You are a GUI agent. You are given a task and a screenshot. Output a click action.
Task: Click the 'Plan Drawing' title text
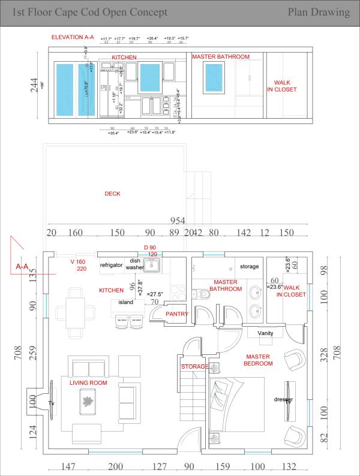coord(319,12)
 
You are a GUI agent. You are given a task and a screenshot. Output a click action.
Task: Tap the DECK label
coord(112,194)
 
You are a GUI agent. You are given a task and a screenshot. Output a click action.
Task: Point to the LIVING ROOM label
coord(88,382)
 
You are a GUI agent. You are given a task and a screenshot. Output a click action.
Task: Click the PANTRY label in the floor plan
coord(177,314)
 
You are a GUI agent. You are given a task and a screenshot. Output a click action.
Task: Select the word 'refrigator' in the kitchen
coord(111,265)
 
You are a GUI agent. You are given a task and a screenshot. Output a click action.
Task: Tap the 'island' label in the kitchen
coord(125,302)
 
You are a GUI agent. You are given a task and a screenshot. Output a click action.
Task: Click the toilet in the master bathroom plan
coord(202,294)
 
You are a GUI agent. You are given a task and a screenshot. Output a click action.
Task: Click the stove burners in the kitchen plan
coord(178,293)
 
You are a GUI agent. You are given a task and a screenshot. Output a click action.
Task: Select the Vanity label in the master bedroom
coord(265,333)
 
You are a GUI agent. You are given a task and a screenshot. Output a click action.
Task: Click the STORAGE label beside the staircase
coord(194,366)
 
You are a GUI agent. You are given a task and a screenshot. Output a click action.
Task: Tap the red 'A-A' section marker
coord(22,266)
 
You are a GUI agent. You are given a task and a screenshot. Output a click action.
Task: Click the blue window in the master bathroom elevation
coord(215,77)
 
